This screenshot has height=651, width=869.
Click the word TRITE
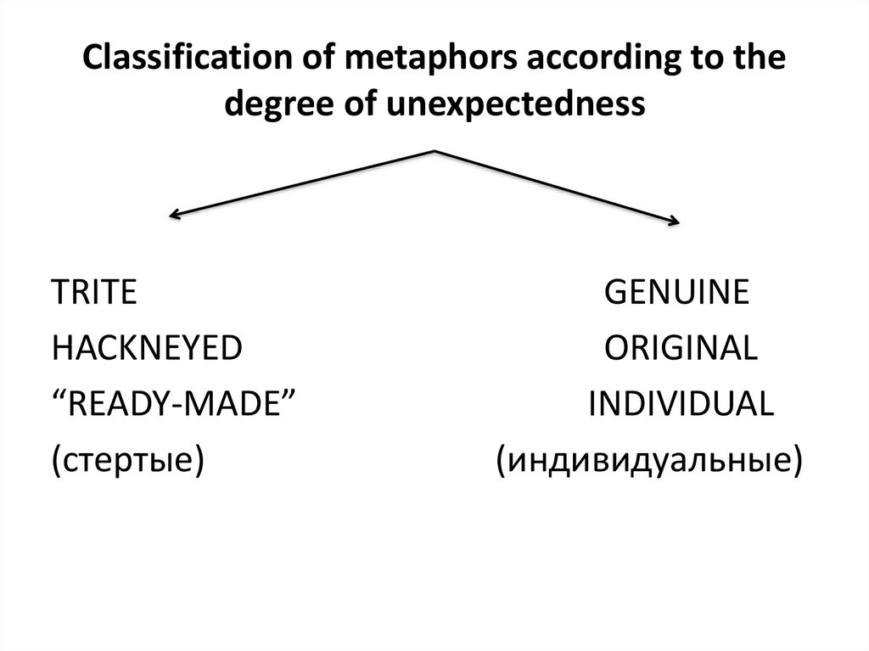93,293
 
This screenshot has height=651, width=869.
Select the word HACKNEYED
146,349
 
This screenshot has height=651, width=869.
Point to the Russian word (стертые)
127,461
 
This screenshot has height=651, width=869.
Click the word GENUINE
676,293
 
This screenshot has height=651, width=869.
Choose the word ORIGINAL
681,349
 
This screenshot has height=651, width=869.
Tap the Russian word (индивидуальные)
649,461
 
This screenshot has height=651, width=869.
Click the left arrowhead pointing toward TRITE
173,216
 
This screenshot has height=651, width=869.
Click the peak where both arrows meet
435,151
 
